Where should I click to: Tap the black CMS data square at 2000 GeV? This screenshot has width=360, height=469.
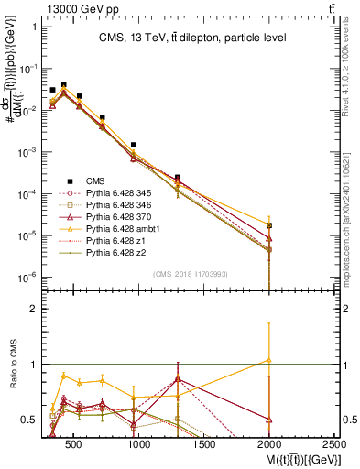pos(269,225)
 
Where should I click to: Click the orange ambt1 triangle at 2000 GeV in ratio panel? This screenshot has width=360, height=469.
pos(269,360)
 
